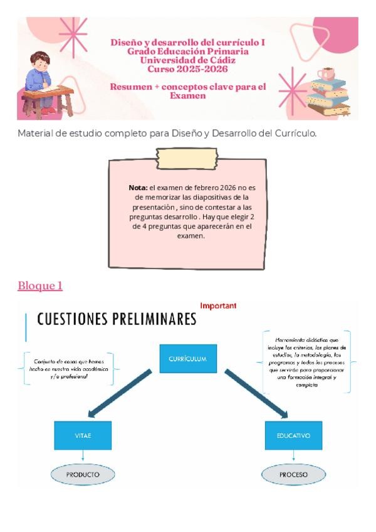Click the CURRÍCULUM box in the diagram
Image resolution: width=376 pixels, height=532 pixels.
click(x=187, y=359)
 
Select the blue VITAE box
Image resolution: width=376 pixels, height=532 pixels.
click(x=83, y=435)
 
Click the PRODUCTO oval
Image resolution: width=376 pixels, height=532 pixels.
click(x=83, y=474)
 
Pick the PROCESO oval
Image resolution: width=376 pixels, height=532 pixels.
click(x=293, y=474)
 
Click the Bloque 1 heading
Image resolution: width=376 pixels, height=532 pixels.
click(x=40, y=286)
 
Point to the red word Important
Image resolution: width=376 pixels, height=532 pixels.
click(x=218, y=306)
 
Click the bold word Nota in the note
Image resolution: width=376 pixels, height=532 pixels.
click(x=137, y=187)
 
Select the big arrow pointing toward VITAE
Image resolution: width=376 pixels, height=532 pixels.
click(x=122, y=392)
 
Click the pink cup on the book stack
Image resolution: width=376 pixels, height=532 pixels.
click(x=326, y=74)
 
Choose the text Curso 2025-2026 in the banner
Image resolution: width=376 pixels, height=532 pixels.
click(x=187, y=68)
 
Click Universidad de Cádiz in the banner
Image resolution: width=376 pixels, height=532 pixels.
click(x=187, y=60)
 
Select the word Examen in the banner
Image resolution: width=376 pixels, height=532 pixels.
click(x=187, y=96)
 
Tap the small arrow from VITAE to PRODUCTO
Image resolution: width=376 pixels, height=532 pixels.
click(x=83, y=457)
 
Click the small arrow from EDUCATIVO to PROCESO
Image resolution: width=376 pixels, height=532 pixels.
click(x=293, y=457)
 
